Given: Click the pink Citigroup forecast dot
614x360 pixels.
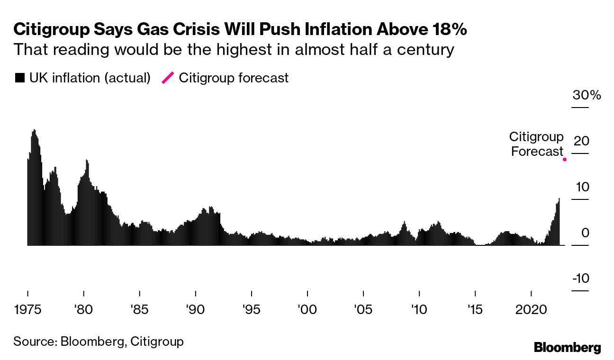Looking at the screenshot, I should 564,160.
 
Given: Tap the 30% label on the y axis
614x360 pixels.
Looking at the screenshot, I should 587,95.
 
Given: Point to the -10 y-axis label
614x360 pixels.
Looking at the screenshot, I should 580,278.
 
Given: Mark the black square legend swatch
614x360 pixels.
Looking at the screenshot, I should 19,78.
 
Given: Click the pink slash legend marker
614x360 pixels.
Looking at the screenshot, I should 168,78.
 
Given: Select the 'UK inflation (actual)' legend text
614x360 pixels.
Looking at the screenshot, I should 90,78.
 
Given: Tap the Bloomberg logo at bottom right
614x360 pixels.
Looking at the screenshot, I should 567,347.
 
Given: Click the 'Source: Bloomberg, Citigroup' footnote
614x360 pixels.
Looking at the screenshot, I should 98,341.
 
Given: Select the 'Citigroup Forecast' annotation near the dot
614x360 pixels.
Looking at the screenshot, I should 536,144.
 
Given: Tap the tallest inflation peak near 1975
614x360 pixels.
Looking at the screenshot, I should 34,130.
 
